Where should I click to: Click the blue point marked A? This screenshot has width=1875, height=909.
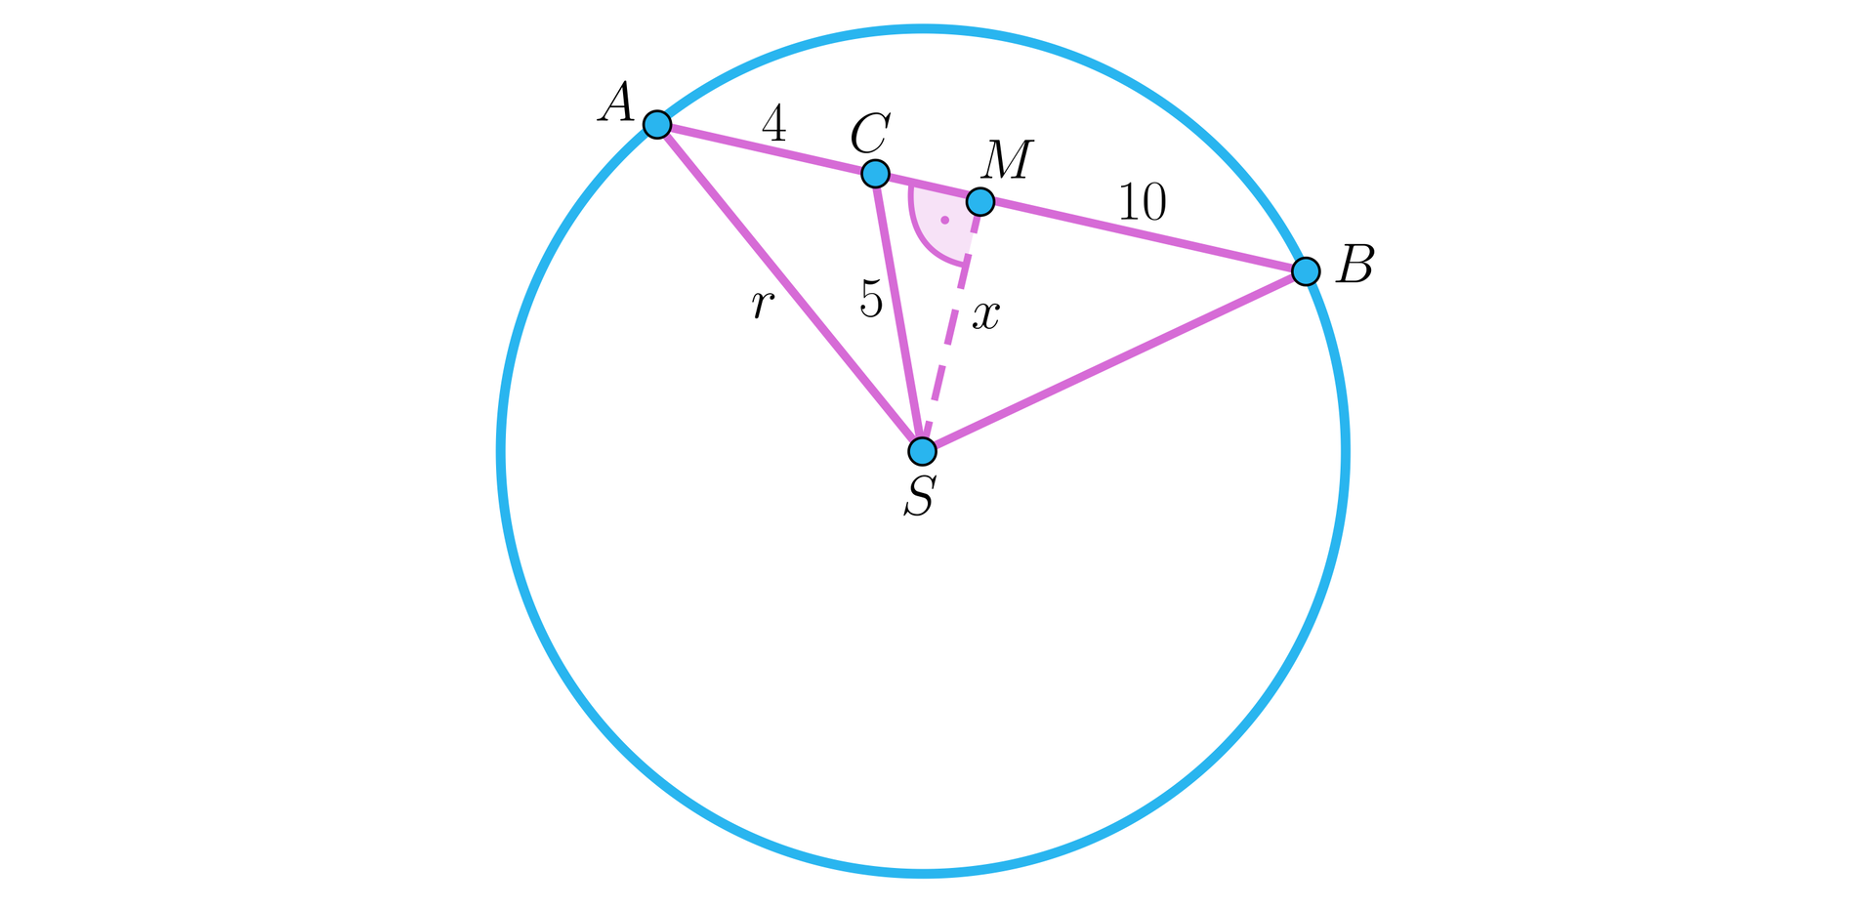coord(657,125)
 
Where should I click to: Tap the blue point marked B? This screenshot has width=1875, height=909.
coord(1306,270)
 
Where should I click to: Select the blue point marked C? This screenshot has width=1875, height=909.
coord(875,174)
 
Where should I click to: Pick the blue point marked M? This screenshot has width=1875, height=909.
coord(979,202)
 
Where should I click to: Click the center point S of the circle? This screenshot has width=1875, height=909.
coord(922,451)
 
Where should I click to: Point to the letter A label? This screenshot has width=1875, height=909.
coord(616,103)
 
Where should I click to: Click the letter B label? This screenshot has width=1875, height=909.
coord(1355,264)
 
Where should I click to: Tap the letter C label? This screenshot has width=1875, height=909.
coord(869,134)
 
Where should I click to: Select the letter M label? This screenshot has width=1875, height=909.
coord(1007,161)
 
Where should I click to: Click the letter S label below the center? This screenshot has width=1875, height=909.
coord(920,496)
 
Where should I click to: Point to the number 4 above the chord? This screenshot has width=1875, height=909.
coord(774,124)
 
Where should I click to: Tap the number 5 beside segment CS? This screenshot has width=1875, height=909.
coord(871,299)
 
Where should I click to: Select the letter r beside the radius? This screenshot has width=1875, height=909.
coord(763,305)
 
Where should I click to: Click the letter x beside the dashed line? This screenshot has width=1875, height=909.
coord(986,315)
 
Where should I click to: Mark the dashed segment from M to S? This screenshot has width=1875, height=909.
coord(951,327)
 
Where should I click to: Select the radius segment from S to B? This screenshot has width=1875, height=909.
coord(1114,361)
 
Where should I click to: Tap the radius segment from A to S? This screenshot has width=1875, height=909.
coord(790,288)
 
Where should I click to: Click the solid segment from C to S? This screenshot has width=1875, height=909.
coord(898,312)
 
